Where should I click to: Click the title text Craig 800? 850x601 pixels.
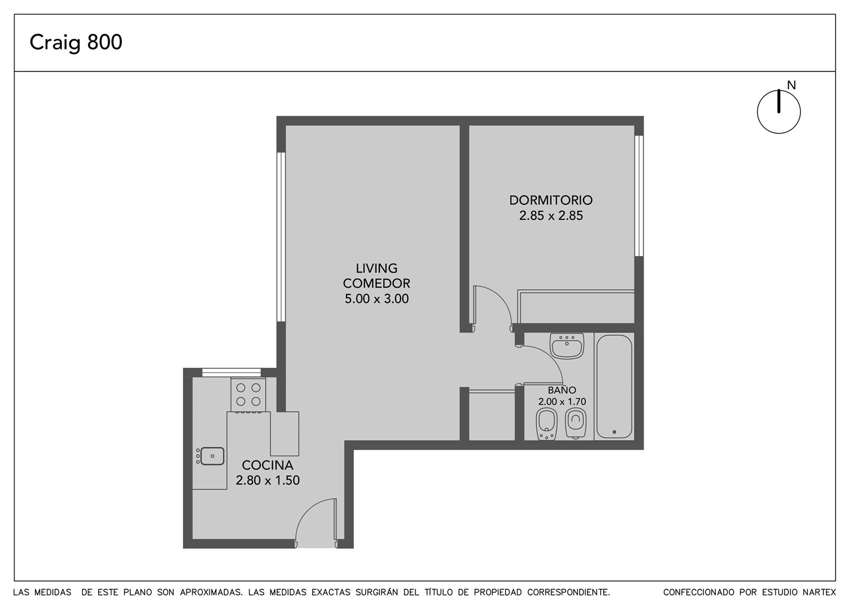[76, 42]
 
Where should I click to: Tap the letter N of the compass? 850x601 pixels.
[791, 85]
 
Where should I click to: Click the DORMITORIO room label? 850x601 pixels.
[551, 200]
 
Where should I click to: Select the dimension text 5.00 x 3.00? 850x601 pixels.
[377, 299]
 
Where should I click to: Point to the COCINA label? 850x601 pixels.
[268, 465]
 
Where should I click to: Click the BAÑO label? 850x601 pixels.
[562, 390]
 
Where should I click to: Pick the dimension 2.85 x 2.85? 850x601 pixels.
[551, 216]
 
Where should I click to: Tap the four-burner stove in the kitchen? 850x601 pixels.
[248, 395]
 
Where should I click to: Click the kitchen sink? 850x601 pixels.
[210, 456]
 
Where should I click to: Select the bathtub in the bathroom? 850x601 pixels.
[614, 387]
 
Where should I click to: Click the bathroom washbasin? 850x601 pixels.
[567, 346]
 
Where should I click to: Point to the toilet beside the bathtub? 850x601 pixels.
[576, 423]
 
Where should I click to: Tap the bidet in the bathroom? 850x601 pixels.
[546, 425]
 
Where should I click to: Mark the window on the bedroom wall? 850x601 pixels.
[639, 196]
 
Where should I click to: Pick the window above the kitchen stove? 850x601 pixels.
[231, 372]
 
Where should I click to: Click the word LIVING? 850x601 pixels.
[377, 268]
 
